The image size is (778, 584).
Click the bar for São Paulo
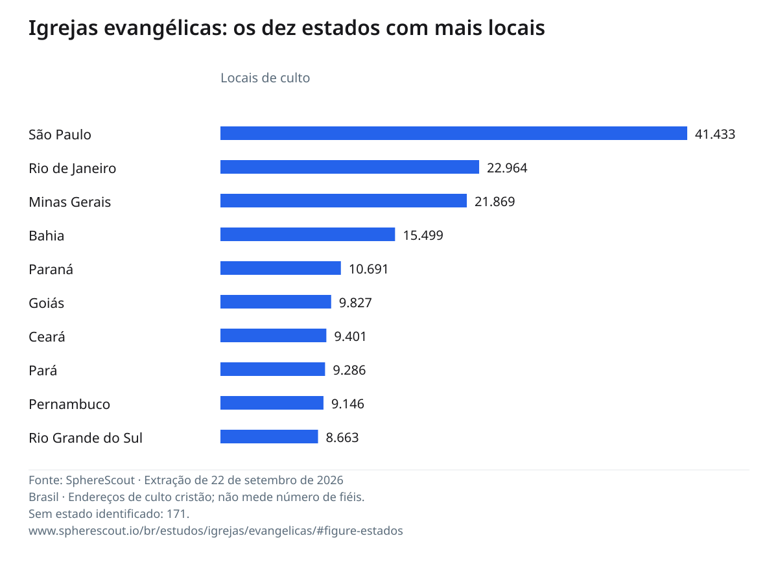click(454, 134)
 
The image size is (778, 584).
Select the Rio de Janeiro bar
click(349, 167)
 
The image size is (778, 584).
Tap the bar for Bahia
click(308, 234)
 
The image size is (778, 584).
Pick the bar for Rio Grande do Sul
click(269, 437)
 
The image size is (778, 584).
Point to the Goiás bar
click(276, 301)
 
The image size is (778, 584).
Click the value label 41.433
click(715, 134)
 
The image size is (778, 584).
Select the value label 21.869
click(495, 202)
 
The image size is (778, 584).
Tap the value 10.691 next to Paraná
click(369, 269)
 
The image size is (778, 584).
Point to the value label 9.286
click(349, 370)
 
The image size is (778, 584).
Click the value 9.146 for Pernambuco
click(348, 404)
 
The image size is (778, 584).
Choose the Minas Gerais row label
click(70, 202)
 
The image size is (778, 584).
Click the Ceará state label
click(47, 336)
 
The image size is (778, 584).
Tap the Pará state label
click(43, 370)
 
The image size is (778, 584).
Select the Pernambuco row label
click(69, 404)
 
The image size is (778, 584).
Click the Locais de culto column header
click(265, 78)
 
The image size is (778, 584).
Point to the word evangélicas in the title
click(165, 29)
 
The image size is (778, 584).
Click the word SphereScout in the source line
click(100, 480)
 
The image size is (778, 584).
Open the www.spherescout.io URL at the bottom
click(216, 531)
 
